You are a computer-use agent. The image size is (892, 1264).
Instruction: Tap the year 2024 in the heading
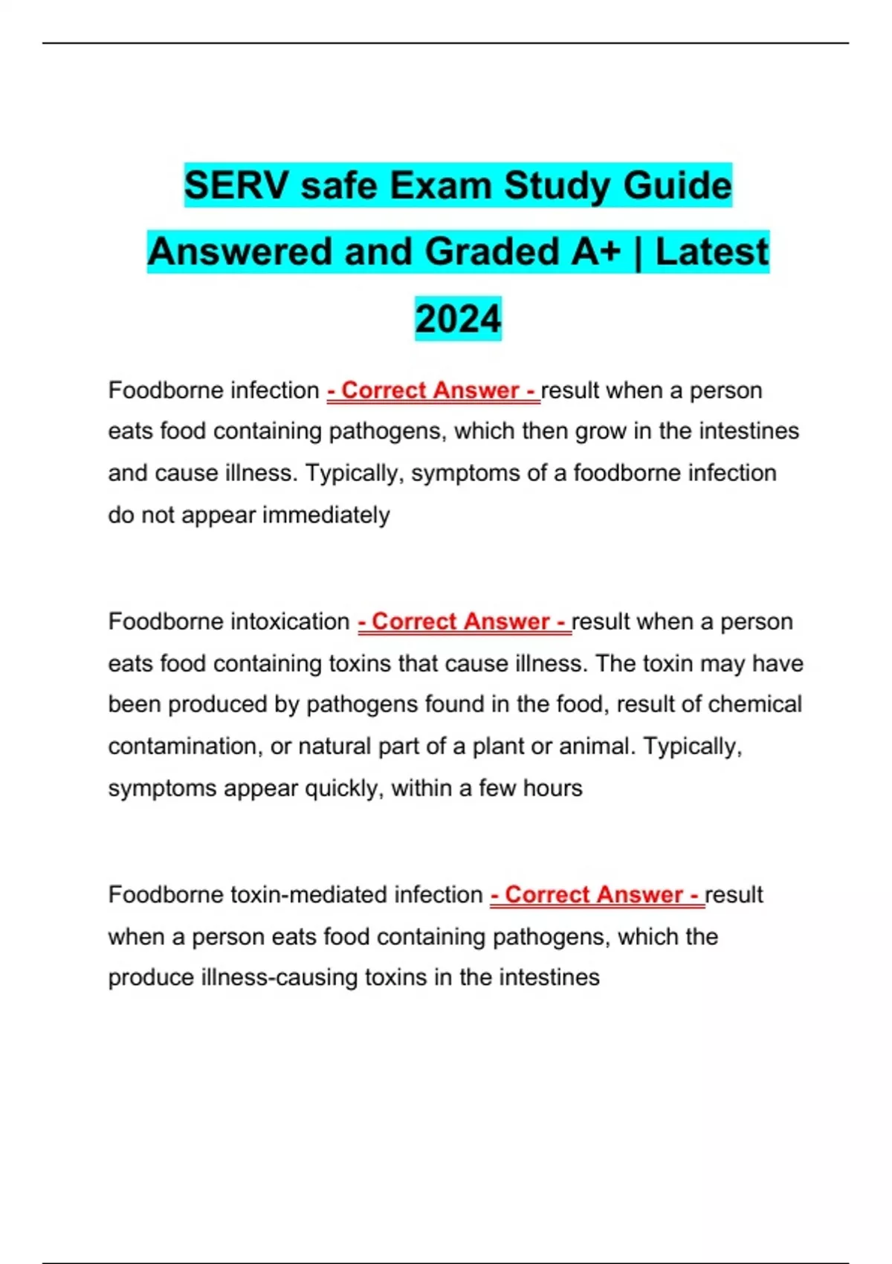pyautogui.click(x=458, y=319)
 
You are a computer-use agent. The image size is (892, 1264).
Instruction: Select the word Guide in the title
pyautogui.click(x=677, y=185)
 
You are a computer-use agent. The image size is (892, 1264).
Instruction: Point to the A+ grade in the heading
pyautogui.click(x=595, y=252)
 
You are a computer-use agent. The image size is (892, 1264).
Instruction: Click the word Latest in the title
pyautogui.click(x=711, y=252)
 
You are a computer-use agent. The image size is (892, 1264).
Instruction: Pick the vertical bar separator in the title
pyautogui.click(x=638, y=252)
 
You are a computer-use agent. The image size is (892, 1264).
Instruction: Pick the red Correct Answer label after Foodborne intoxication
pyautogui.click(x=464, y=622)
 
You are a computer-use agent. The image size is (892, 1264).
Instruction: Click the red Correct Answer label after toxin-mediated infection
pyautogui.click(x=597, y=894)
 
